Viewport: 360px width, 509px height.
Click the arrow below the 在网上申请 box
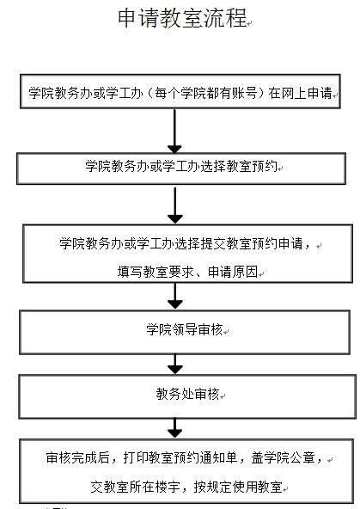(x=174, y=132)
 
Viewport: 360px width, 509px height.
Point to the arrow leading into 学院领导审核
(x=174, y=296)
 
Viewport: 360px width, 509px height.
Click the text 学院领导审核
(x=184, y=329)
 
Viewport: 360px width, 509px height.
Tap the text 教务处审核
(x=187, y=394)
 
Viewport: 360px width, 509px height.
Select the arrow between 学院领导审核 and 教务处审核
(x=174, y=364)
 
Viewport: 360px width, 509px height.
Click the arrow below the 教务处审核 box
(x=174, y=428)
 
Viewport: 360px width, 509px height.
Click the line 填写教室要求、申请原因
(x=187, y=272)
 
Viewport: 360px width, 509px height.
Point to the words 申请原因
(x=233, y=272)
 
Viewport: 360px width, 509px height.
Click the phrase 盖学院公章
(x=283, y=457)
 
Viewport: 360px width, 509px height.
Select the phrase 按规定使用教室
(x=238, y=487)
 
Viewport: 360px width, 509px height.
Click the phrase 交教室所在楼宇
(x=135, y=487)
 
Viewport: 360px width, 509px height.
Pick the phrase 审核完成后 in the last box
(x=77, y=457)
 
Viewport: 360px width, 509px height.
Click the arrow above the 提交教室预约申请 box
(x=174, y=205)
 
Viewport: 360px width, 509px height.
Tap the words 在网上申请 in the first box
(x=300, y=93)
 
